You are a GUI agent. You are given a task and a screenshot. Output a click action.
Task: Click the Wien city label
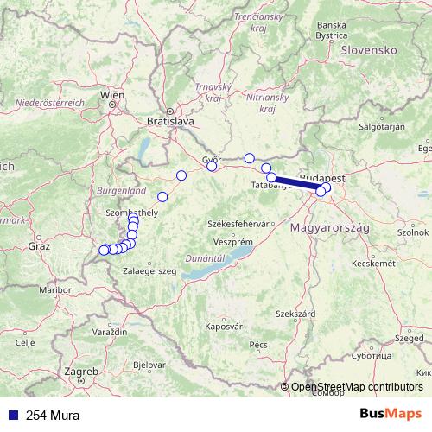tap(112, 94)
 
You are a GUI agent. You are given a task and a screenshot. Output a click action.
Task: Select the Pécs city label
tap(257, 344)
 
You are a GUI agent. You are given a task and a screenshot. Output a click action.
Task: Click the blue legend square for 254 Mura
tap(13, 414)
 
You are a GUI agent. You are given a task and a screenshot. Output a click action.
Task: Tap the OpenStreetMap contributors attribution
tap(357, 387)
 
